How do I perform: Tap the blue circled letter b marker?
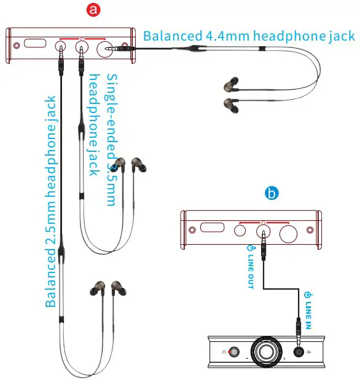[x=272, y=193]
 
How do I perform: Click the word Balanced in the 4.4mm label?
[x=170, y=35]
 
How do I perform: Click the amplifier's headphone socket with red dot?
[x=232, y=352]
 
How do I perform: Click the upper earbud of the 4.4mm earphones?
[x=232, y=84]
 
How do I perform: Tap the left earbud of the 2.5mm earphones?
[x=96, y=289]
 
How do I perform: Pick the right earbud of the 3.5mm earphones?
[x=139, y=164]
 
